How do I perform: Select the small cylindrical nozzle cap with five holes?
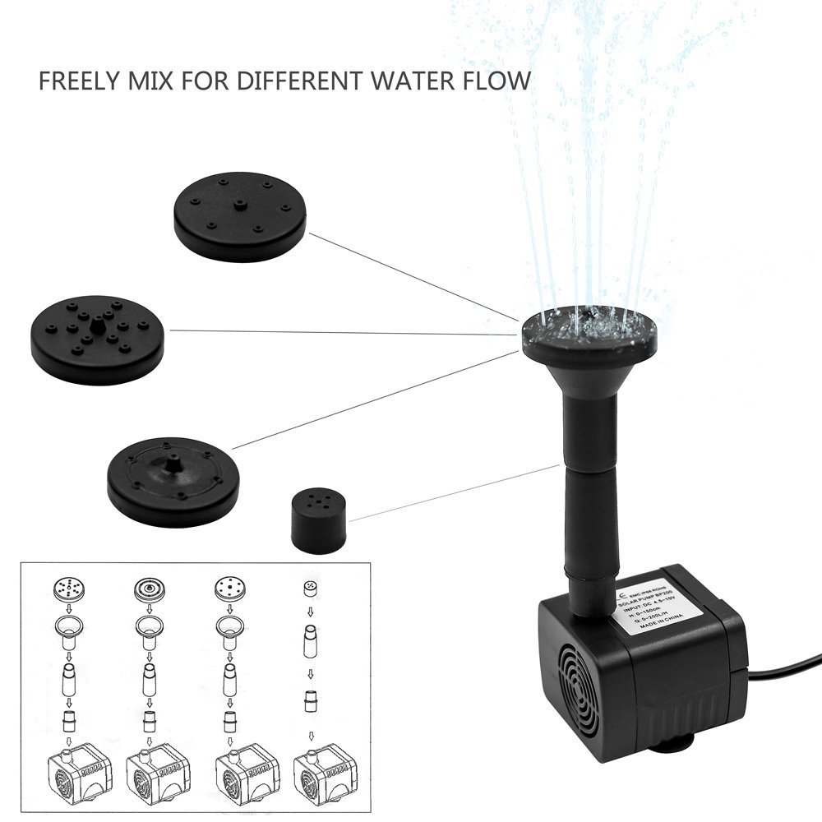[318, 521]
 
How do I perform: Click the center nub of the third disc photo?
[173, 465]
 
